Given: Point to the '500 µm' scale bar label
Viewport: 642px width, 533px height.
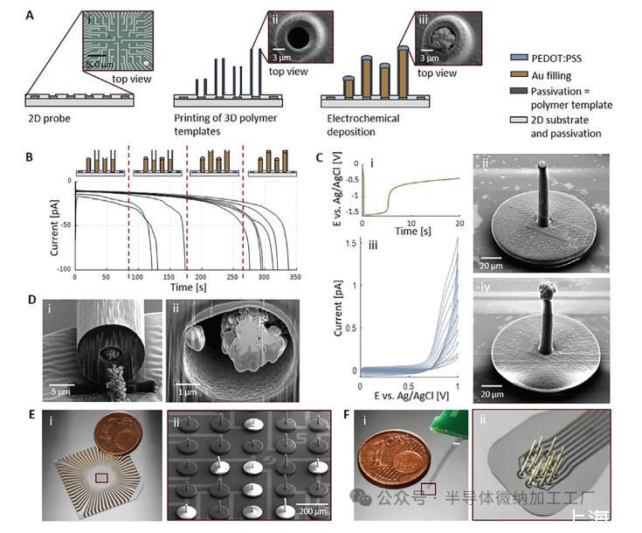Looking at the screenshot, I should pos(99,64).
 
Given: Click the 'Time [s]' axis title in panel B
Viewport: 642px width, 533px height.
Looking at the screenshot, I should pos(188,287).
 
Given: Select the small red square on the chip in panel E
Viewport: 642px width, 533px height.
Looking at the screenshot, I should pos(102,478).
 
